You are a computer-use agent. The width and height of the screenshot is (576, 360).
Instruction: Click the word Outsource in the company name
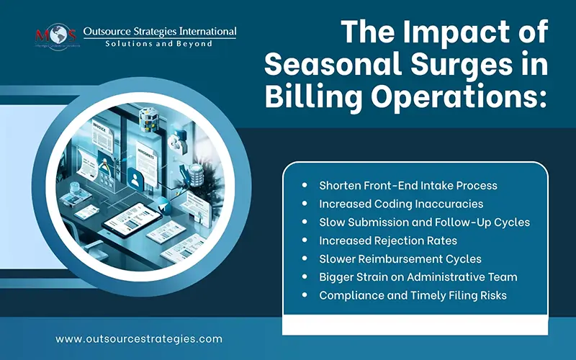point(111,32)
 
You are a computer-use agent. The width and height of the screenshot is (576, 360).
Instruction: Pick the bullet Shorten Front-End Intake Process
point(408,185)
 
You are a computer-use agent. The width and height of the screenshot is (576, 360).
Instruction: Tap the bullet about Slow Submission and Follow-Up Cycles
point(424,222)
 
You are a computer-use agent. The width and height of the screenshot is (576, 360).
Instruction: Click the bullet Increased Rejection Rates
point(388,240)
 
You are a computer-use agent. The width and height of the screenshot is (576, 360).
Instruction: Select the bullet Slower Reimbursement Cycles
point(400,258)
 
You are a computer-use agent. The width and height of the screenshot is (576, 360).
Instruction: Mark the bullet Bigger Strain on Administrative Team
point(418,276)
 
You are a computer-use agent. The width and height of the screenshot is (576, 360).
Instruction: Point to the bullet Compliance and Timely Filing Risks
point(414,294)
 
